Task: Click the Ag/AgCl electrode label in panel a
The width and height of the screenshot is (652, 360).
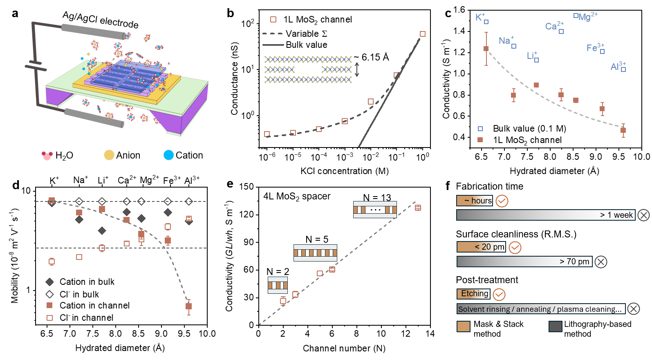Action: click(100, 20)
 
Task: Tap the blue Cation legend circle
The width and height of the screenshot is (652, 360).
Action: click(168, 155)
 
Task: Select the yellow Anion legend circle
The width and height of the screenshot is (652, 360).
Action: click(109, 155)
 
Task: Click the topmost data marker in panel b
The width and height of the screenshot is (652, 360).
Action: click(423, 34)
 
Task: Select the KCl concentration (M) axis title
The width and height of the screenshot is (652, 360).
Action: click(344, 171)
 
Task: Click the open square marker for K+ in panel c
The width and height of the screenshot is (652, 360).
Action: click(486, 22)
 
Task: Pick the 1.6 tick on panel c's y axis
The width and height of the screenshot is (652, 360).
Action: click(459, 9)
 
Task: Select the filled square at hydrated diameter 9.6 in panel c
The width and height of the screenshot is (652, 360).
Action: click(623, 131)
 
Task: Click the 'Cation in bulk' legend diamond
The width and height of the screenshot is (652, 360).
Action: click(50, 282)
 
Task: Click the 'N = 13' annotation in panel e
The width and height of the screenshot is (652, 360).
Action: click(377, 198)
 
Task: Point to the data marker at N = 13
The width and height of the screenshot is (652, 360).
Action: click(418, 208)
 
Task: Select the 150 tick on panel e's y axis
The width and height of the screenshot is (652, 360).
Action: click(246, 187)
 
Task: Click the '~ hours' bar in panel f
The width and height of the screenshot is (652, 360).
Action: click(475, 201)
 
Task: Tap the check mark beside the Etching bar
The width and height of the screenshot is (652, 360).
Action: click(499, 294)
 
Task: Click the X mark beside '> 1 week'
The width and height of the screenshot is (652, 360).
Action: click(643, 215)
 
